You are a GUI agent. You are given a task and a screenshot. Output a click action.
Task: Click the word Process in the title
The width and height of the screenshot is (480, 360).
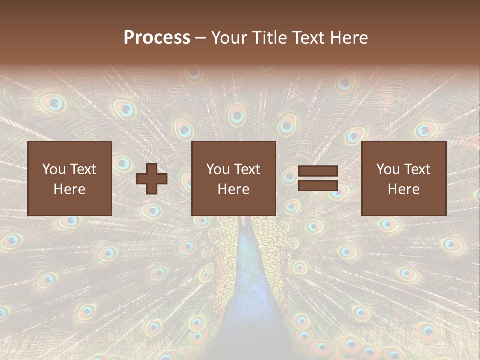click(157, 38)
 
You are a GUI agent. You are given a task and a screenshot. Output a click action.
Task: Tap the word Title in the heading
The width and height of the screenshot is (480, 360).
click(269, 38)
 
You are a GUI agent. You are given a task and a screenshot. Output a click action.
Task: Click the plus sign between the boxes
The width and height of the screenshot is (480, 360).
click(152, 179)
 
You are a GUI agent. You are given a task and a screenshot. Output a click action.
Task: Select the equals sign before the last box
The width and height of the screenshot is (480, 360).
click(318, 178)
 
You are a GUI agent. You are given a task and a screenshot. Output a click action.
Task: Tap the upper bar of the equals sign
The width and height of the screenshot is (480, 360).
click(318, 171)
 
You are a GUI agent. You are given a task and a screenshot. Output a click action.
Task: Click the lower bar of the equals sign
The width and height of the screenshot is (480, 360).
click(318, 186)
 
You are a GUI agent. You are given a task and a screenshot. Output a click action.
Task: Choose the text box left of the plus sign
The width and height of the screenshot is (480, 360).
click(70, 178)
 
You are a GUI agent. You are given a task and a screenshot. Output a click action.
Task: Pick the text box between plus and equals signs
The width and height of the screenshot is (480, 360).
click(234, 178)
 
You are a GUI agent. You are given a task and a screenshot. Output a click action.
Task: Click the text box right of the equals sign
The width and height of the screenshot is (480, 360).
click(404, 178)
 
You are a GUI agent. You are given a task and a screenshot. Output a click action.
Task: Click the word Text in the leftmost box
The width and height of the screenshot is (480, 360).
click(83, 169)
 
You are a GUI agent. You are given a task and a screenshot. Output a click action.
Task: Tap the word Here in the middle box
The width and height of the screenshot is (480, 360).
click(234, 189)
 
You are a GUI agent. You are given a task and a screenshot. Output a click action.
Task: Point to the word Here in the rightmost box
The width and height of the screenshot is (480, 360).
click(404, 189)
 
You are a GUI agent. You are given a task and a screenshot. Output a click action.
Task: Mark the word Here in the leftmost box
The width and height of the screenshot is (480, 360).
click(70, 189)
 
